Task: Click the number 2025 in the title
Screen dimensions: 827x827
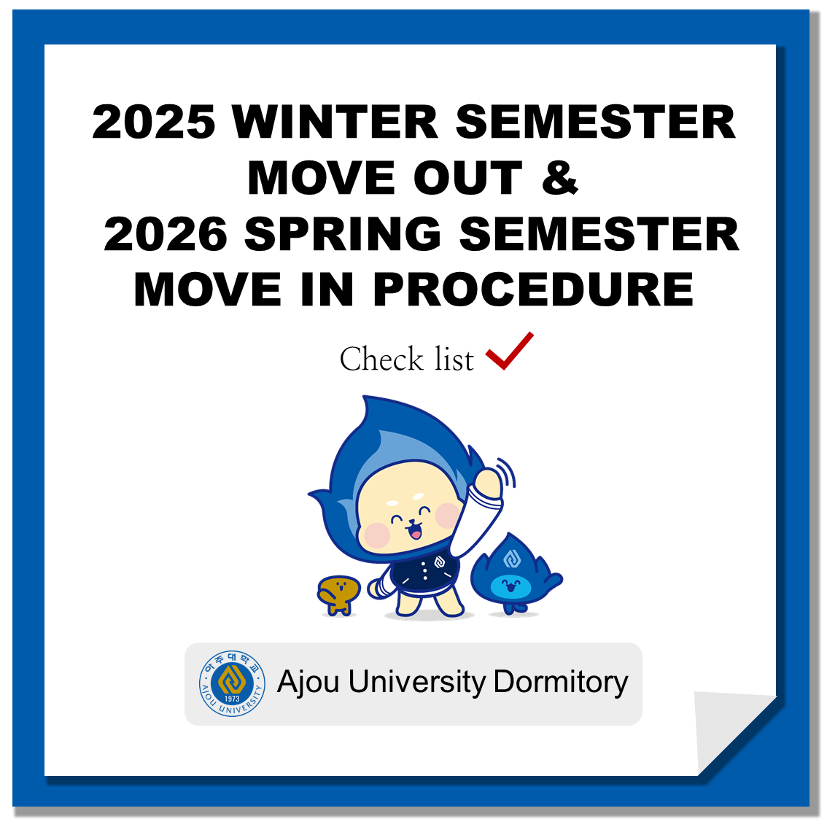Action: click(x=153, y=122)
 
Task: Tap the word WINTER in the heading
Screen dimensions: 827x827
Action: click(x=335, y=122)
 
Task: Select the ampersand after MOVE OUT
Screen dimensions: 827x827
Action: click(x=560, y=178)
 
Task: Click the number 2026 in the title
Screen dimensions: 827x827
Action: click(x=166, y=234)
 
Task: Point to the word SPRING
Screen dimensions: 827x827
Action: click(x=343, y=234)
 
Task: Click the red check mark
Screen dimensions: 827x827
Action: click(x=509, y=351)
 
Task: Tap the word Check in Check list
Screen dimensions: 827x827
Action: click(x=381, y=360)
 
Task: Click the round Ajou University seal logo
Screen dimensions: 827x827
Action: click(x=232, y=683)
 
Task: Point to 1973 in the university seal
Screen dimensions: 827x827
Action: click(x=232, y=699)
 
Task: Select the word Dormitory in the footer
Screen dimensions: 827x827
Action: click(x=561, y=682)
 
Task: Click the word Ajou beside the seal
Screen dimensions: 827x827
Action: click(x=308, y=683)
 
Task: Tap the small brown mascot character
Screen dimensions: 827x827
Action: click(x=338, y=594)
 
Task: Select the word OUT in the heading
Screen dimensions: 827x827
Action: click(x=468, y=178)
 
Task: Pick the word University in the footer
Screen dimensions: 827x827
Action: click(x=416, y=682)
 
